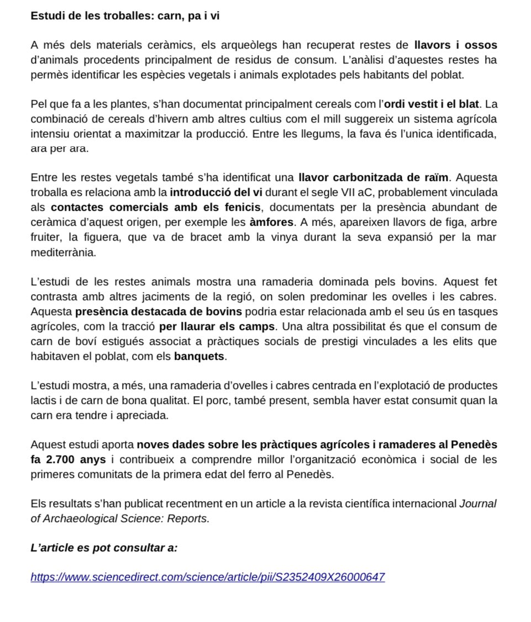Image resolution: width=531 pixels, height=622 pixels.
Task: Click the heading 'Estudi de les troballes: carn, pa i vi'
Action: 125,15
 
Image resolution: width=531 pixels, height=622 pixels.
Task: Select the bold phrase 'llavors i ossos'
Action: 456,45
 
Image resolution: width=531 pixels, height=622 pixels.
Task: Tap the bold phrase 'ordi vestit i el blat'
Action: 432,104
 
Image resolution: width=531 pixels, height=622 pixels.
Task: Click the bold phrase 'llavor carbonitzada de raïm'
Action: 374,178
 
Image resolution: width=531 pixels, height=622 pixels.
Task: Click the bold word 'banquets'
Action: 199,356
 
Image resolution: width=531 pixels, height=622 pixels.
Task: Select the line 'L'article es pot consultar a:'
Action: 104,548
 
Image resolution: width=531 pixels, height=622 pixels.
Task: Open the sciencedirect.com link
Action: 208,577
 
